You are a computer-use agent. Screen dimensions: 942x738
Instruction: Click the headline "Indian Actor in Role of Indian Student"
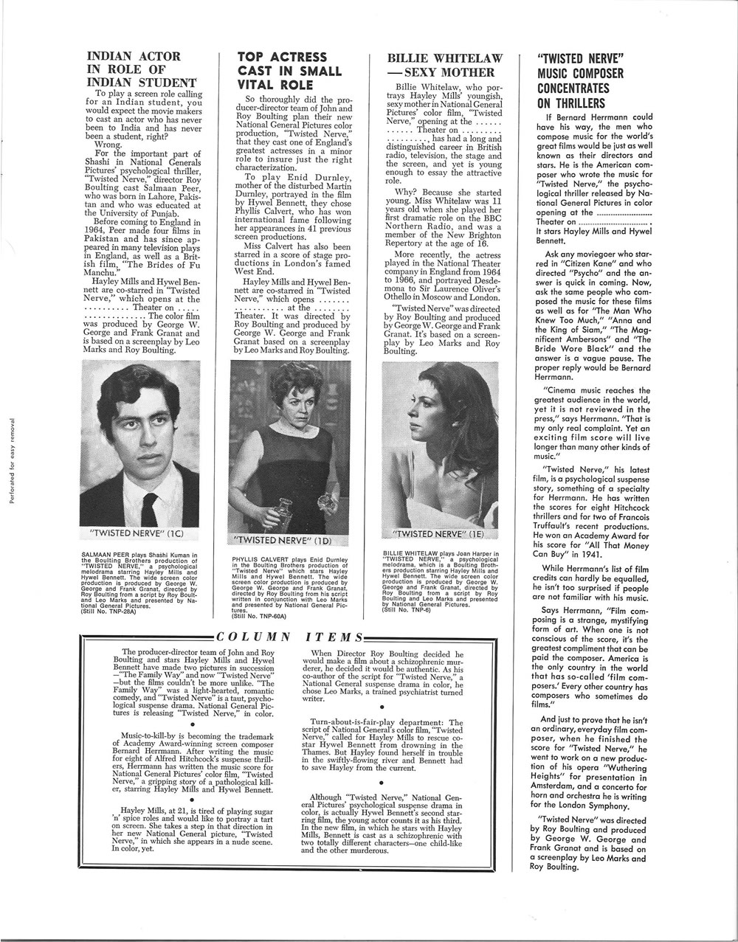(142, 69)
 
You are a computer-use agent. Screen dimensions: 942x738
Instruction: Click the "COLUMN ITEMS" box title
(290, 637)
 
